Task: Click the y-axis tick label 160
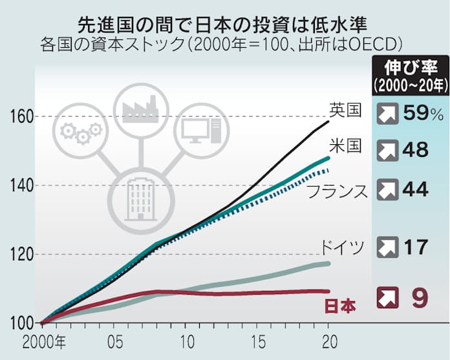21,118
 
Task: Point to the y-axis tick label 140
21,186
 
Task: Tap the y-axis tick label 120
21,255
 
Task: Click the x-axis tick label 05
115,340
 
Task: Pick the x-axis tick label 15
258,340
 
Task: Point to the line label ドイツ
343,246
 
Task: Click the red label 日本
338,306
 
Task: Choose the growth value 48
414,151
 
